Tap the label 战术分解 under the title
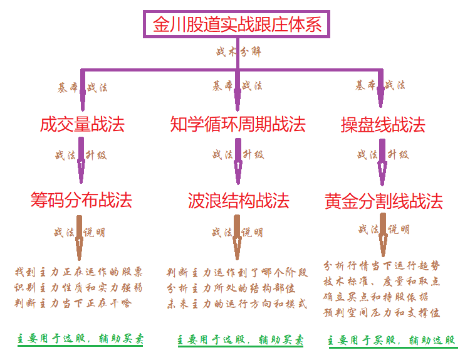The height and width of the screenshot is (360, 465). coord(238,52)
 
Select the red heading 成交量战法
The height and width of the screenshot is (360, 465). coord(82,125)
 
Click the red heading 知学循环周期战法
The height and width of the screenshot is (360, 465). coord(238,125)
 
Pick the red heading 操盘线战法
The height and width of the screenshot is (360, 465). coord(382,125)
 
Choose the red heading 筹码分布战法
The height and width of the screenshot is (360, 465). coord(81,200)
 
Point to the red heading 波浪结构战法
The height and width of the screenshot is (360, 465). coord(238,201)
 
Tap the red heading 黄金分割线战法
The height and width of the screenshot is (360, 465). coord(384,201)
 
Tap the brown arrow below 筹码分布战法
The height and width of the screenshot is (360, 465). coord(80,237)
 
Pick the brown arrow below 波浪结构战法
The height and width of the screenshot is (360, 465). coord(238,237)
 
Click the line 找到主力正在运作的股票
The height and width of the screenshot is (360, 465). coord(79,273)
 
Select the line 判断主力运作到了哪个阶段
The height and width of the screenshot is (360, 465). coord(238,273)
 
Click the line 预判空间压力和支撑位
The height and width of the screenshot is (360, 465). coord(382,312)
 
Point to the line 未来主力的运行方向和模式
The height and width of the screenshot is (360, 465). coord(238,304)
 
